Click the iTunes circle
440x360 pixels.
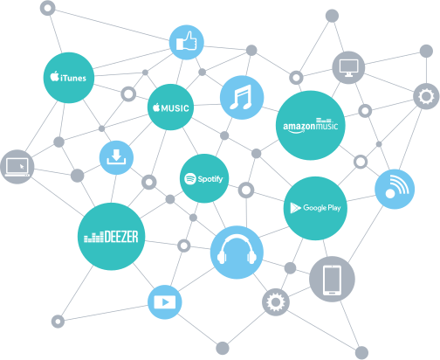[x=69, y=78]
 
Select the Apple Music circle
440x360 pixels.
[x=170, y=107]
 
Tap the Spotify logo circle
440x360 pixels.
[x=204, y=178]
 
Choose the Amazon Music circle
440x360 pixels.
[x=311, y=125]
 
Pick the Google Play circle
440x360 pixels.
[x=315, y=208]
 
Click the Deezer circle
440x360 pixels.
[x=111, y=237]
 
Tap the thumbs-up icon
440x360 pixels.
[x=187, y=42]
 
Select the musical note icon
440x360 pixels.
[x=242, y=97]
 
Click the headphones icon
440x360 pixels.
[x=237, y=253]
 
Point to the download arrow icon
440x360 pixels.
[x=116, y=157]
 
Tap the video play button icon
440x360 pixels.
[x=165, y=302]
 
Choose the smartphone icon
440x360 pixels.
[x=332, y=279]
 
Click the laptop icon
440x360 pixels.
[x=17, y=167]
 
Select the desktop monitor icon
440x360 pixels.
[x=348, y=67]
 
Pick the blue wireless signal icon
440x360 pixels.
[x=395, y=189]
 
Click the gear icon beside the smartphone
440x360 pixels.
[x=276, y=302]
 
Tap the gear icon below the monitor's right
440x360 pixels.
[x=426, y=96]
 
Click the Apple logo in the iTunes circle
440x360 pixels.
[x=54, y=76]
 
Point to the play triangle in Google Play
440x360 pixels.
[x=295, y=208]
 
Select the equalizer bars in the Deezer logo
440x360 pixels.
[x=93, y=237]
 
